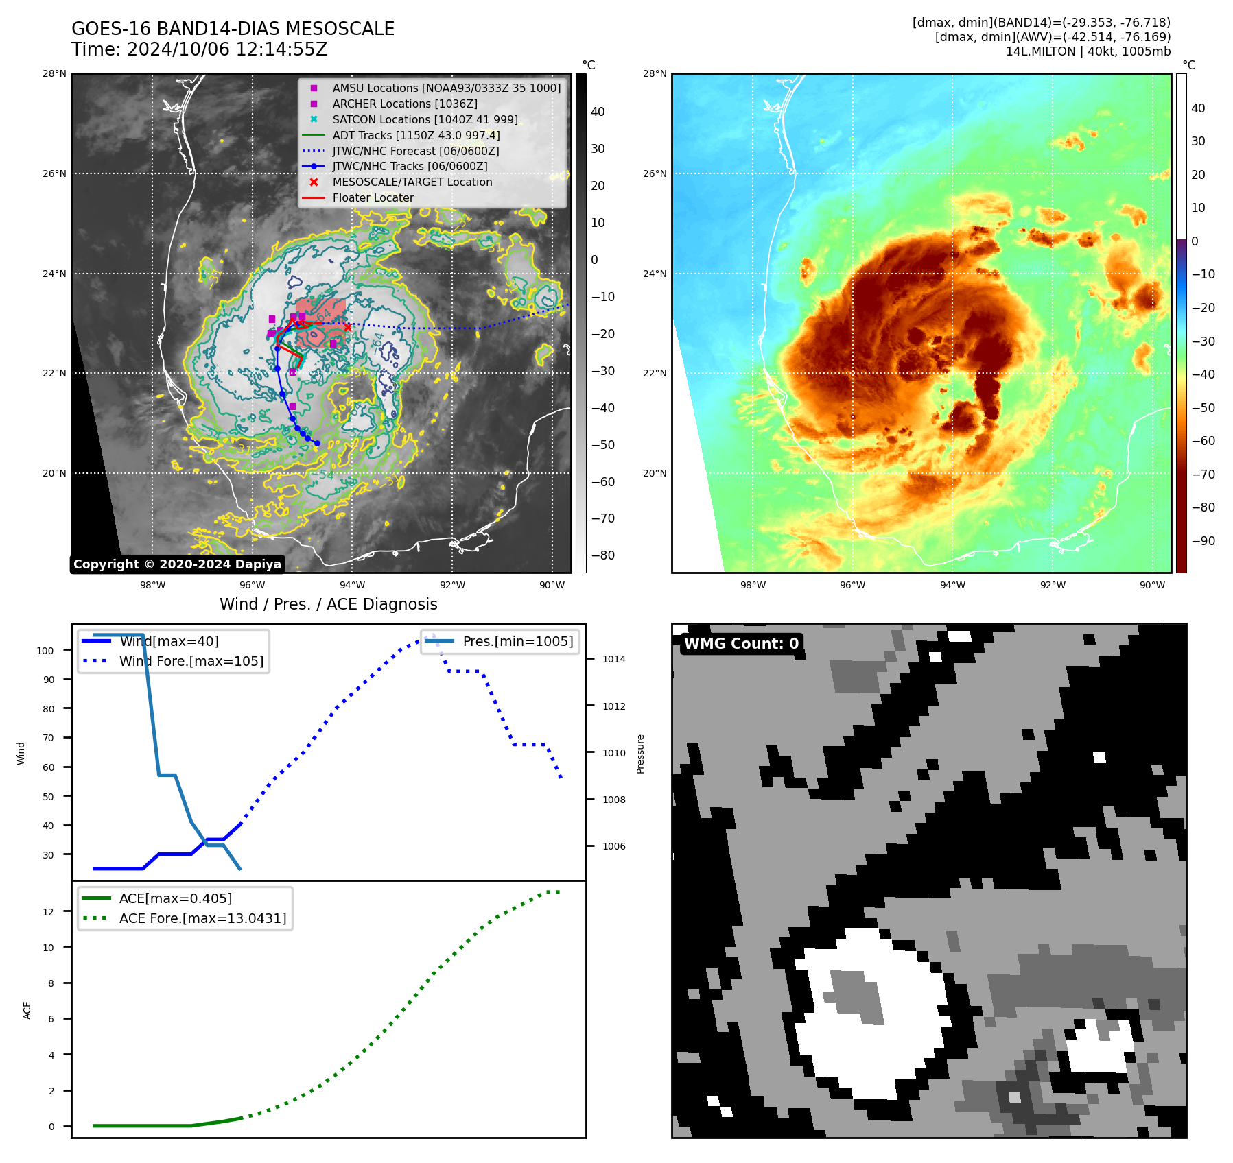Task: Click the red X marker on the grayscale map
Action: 348,327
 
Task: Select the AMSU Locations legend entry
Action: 446,88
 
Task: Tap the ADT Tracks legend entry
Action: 416,135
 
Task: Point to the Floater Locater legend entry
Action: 373,197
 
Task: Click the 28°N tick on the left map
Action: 55,73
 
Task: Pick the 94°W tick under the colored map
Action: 952,585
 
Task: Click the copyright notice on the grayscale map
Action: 177,564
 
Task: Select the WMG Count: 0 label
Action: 741,643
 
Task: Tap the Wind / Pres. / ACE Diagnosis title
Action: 328,604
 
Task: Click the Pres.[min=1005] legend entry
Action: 517,641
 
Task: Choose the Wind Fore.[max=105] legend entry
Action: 191,661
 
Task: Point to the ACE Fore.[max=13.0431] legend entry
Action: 202,918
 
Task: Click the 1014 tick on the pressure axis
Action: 614,659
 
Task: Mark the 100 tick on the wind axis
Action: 45,651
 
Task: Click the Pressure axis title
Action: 640,754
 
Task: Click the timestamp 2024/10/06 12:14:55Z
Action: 227,49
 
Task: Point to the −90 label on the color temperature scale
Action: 1203,540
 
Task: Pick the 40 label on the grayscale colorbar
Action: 598,112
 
